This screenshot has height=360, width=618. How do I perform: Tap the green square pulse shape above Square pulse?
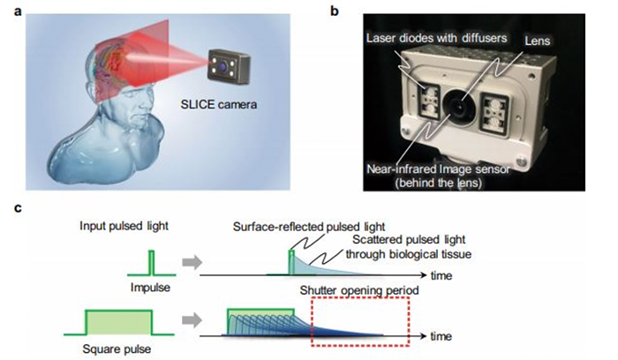click(x=117, y=321)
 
